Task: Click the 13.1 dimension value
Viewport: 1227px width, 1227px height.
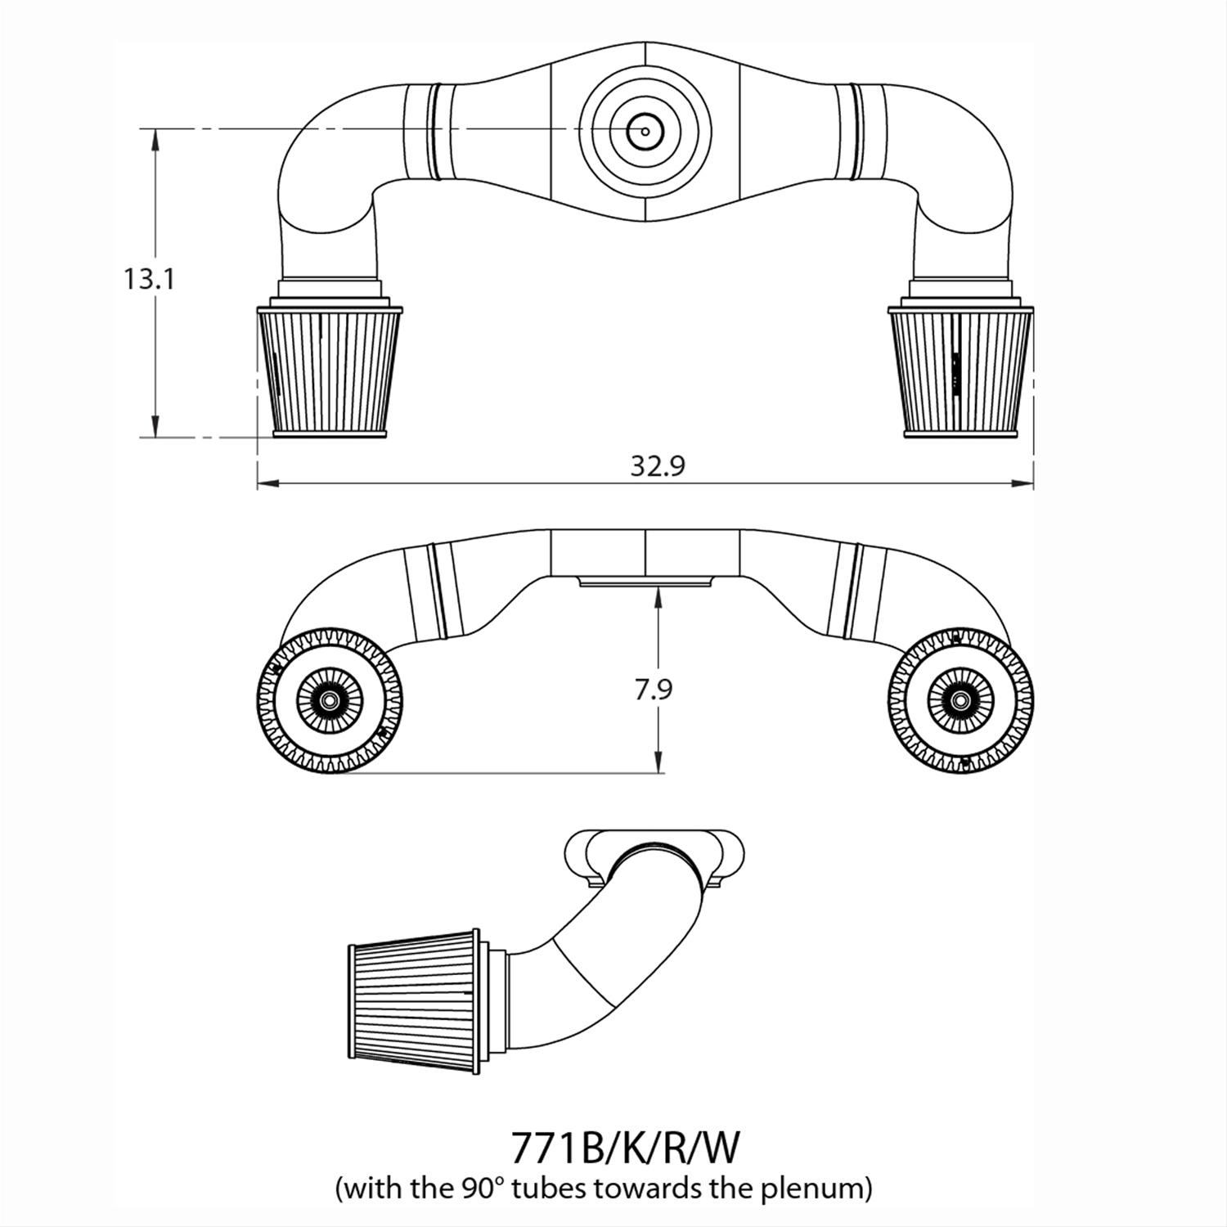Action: (x=149, y=280)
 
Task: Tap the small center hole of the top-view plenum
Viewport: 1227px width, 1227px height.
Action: (x=645, y=131)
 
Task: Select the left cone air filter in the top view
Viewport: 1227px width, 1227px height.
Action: (x=330, y=372)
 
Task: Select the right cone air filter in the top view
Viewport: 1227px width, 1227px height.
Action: (x=962, y=372)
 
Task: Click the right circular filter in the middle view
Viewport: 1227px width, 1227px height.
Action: (x=960, y=700)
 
